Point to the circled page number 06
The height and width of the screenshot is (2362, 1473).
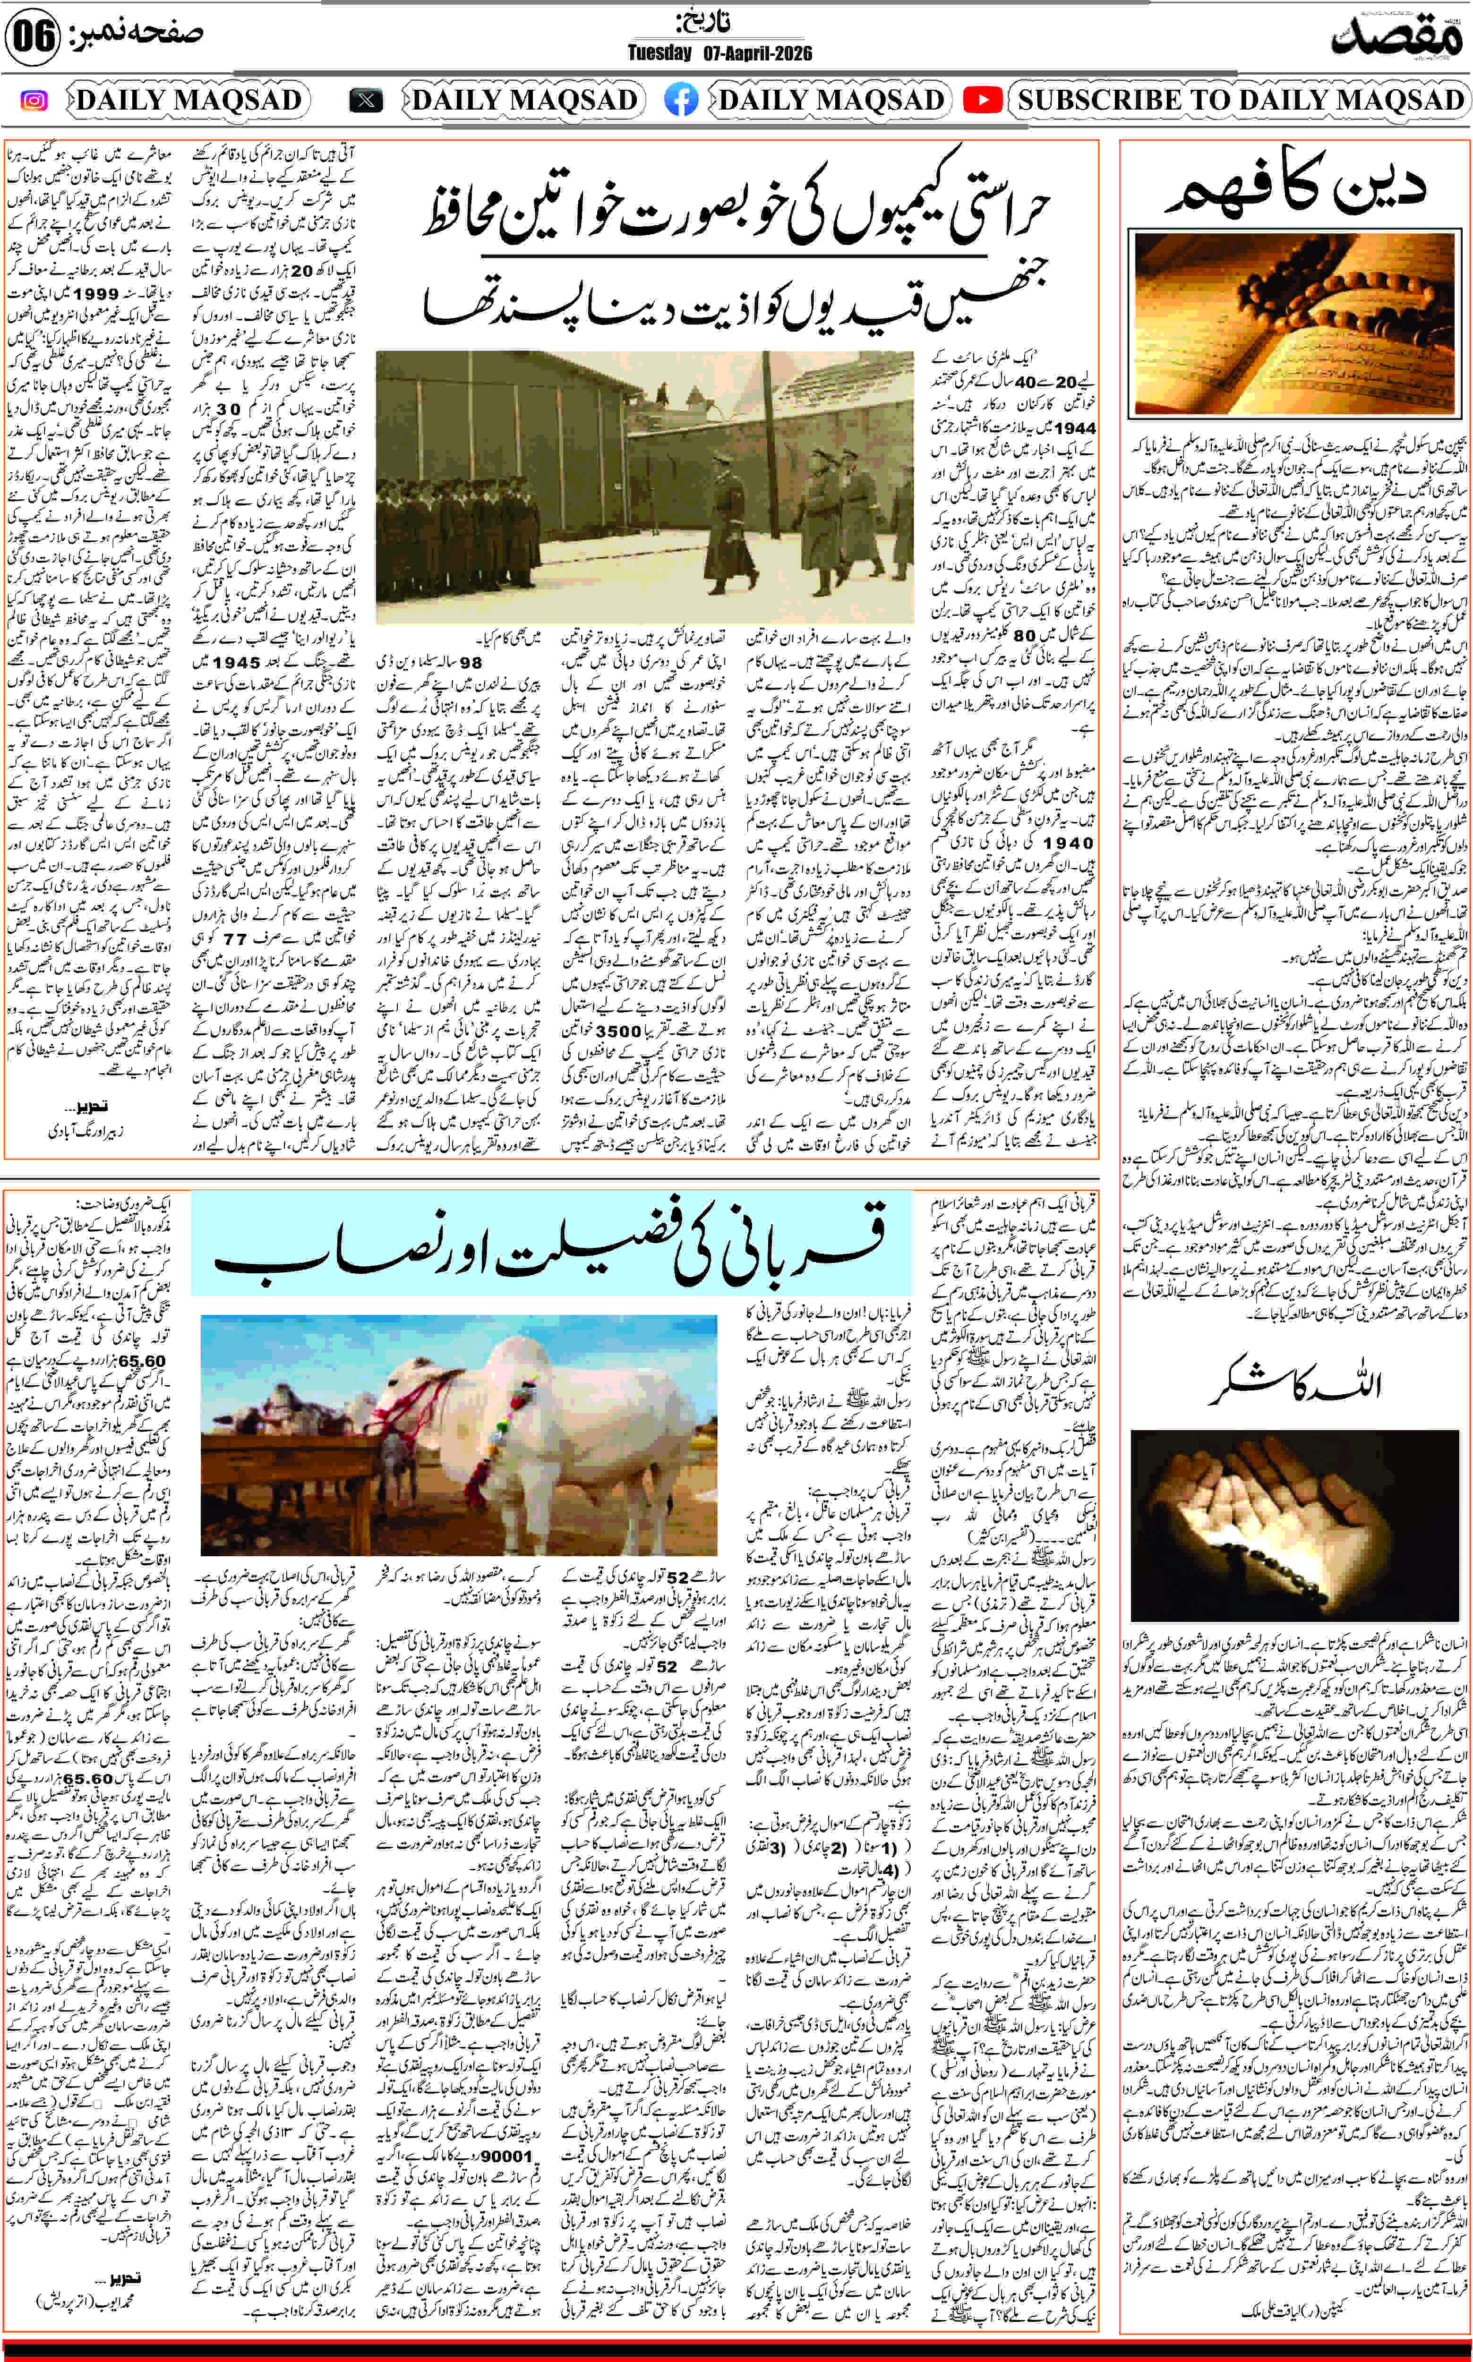pyautogui.click(x=32, y=37)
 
